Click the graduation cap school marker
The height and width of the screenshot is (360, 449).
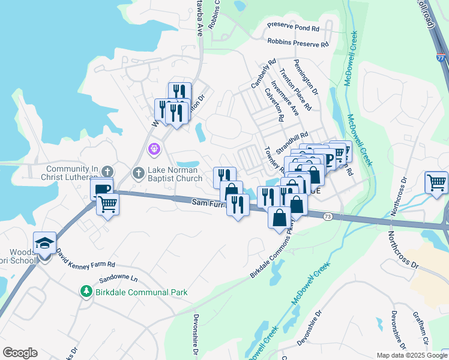(x=44, y=243)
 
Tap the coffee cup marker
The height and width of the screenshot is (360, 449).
(x=102, y=190)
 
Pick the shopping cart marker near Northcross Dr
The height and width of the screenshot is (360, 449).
(x=436, y=182)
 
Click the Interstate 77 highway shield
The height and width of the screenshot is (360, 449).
(x=441, y=59)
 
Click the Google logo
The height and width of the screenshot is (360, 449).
(x=20, y=352)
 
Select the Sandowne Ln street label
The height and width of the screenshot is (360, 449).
(x=118, y=279)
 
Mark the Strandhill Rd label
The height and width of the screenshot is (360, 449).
(x=292, y=143)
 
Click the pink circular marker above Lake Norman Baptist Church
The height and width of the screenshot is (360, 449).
(x=154, y=148)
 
